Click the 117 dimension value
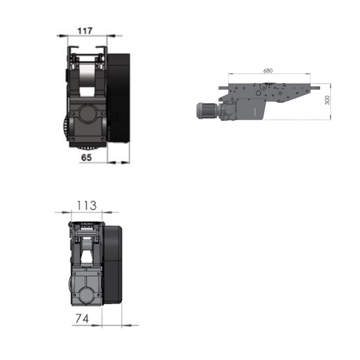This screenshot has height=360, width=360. (x=85, y=31)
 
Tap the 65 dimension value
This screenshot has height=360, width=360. (x=87, y=157)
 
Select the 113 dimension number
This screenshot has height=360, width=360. (x=86, y=206)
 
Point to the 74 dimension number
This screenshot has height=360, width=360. (x=82, y=319)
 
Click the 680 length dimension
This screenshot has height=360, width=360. (x=268, y=70)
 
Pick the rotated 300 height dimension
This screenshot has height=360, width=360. (x=327, y=100)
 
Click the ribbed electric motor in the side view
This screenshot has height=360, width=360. (x=207, y=111)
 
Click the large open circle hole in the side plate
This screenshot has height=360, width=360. (x=258, y=93)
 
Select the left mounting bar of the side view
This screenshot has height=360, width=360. (x=224, y=88)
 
